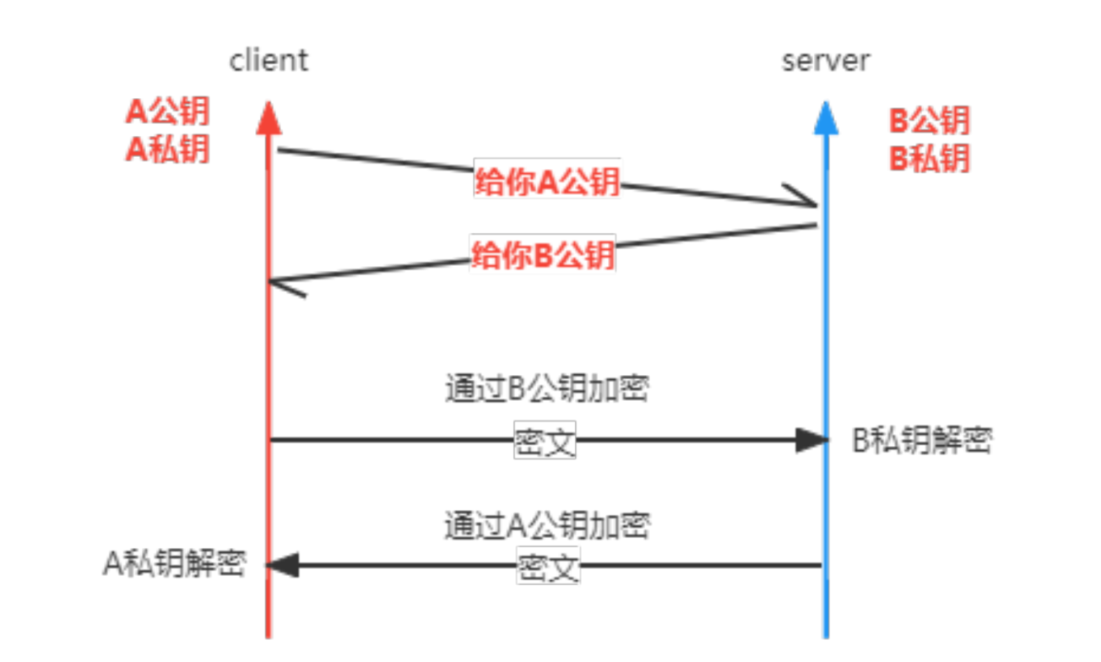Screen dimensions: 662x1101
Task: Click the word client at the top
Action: [268, 61]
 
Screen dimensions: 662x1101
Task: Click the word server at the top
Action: [825, 61]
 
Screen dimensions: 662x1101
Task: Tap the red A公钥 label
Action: [167, 112]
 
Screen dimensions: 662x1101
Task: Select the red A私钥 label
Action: [167, 149]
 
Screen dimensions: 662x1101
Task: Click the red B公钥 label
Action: [930, 121]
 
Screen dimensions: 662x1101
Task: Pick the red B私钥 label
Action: [930, 158]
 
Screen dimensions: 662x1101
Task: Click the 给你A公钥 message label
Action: [547, 181]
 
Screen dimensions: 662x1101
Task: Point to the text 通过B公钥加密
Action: [546, 389]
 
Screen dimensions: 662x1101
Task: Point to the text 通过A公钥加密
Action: [547, 526]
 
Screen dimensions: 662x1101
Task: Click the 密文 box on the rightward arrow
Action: [545, 441]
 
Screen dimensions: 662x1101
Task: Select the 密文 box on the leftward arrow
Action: [548, 567]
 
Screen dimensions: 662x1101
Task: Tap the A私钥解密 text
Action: [175, 564]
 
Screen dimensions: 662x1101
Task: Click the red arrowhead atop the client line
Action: [268, 117]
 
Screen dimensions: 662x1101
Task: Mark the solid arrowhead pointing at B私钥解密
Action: [811, 440]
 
